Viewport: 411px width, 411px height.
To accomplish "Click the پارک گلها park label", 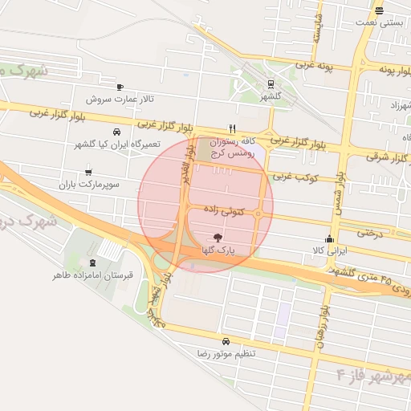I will [215, 250].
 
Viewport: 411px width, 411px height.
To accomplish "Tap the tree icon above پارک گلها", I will [215, 238].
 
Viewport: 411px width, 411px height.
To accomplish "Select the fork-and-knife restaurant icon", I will [232, 128].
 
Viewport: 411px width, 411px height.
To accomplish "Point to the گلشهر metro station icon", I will [269, 83].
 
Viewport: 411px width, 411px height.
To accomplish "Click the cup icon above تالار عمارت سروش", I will [120, 87].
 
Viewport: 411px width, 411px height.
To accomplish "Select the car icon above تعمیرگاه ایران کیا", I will [117, 132].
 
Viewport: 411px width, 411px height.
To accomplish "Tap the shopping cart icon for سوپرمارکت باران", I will [87, 171].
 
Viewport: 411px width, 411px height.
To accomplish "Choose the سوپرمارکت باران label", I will [88, 184].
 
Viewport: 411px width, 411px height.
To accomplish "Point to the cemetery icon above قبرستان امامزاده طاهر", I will [93, 262].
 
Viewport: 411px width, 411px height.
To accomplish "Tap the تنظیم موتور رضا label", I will [226, 353].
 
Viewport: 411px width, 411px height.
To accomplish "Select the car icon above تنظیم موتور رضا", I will [226, 340].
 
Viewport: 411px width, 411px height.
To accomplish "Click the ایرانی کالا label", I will [329, 251].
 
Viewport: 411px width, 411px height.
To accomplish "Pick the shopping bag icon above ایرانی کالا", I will [329, 238].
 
